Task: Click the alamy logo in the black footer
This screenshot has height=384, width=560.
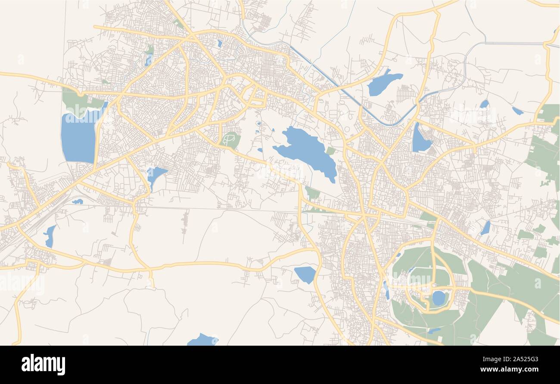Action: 44,364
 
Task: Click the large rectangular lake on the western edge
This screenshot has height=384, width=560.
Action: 78,136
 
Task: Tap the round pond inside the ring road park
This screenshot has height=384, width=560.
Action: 438,298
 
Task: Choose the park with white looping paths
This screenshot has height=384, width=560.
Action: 230,139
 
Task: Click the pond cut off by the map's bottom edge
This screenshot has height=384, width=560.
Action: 202,340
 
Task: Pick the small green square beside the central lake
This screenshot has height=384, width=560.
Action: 330,151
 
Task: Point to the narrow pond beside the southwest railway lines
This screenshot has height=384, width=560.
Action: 50,236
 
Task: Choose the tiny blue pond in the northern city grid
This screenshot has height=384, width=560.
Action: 220,43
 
